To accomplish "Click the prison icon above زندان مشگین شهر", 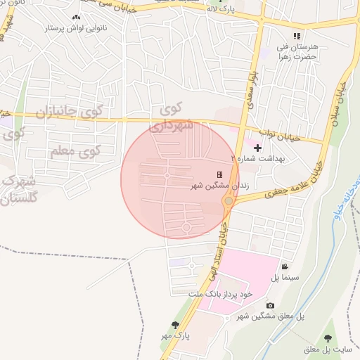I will pyautogui.click(x=219, y=174).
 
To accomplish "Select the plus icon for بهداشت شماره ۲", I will pyautogui.click(x=257, y=148).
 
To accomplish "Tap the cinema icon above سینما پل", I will pyautogui.click(x=284, y=266).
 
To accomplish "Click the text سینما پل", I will pyautogui.click(x=285, y=278).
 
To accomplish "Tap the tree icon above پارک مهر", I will pyautogui.click(x=175, y=324).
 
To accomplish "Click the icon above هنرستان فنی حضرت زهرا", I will pyautogui.click(x=297, y=35).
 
